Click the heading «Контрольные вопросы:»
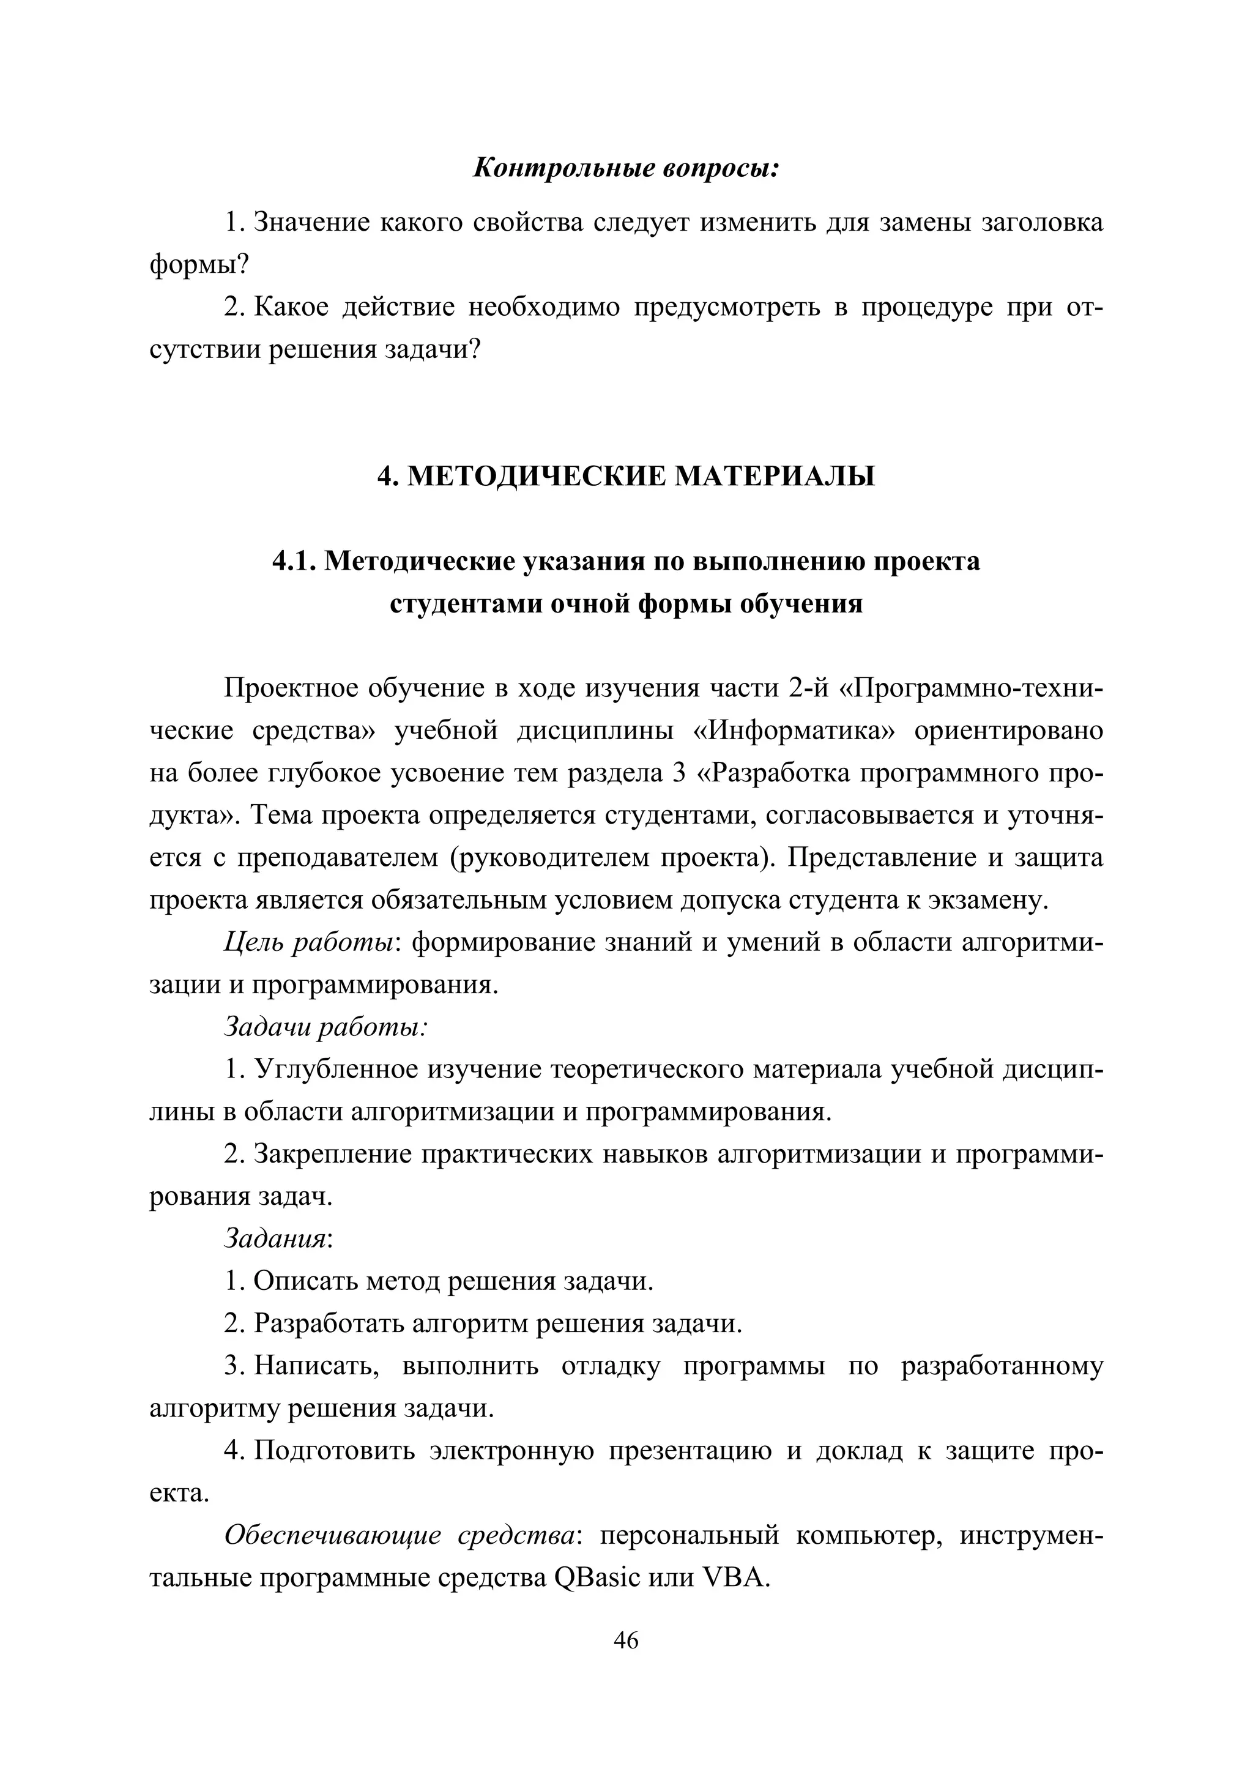click(x=626, y=168)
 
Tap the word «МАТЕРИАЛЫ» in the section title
click(x=775, y=476)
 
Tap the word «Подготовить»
click(x=335, y=1451)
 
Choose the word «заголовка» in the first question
click(x=1041, y=223)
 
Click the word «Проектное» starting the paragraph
click(x=289, y=688)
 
